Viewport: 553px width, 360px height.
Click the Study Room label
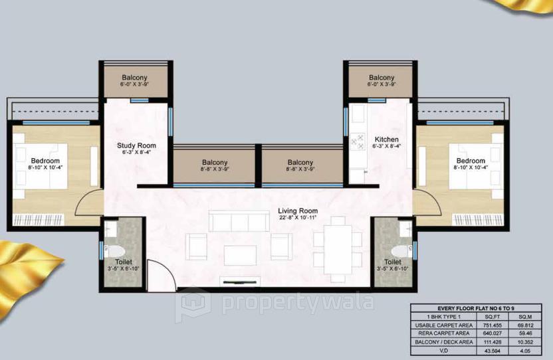click(x=136, y=145)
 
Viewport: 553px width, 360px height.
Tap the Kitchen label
click(x=386, y=139)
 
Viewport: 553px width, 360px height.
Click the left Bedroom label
click(x=45, y=161)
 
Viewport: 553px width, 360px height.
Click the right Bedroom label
click(x=471, y=161)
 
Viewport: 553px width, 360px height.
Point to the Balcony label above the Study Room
click(x=134, y=78)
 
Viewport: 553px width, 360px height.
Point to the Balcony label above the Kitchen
click(x=382, y=78)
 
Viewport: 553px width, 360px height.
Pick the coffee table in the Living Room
click(x=240, y=255)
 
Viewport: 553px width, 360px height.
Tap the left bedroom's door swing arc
click(x=88, y=205)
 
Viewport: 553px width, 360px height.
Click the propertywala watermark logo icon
click(x=193, y=304)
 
